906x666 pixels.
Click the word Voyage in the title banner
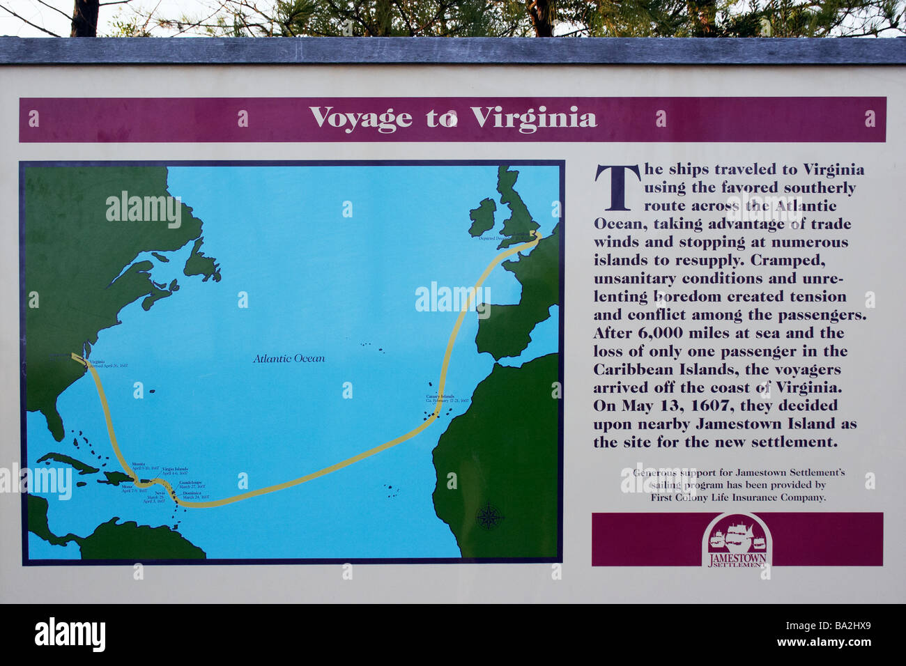pyautogui.click(x=360, y=118)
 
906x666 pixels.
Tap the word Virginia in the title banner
pyautogui.click(x=533, y=118)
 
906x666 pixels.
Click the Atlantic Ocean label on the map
pyautogui.click(x=289, y=359)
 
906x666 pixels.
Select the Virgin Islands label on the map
pyautogui.click(x=174, y=471)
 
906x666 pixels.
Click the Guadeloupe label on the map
pyautogui.click(x=192, y=484)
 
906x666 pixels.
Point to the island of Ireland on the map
pyautogui.click(x=482, y=217)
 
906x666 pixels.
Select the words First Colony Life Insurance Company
pyautogui.click(x=738, y=497)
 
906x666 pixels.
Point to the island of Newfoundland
pyautogui.click(x=201, y=265)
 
